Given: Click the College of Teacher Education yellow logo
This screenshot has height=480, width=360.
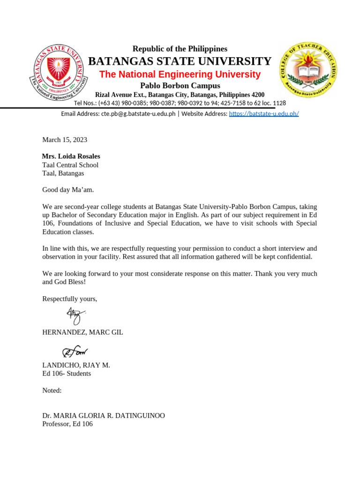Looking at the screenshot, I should [x=308, y=69].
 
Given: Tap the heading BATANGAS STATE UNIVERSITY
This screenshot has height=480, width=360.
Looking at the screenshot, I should [x=180, y=61].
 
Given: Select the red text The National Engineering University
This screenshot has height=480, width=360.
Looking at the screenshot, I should [x=180, y=75].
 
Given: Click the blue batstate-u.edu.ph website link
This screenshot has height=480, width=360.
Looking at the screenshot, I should [x=263, y=113].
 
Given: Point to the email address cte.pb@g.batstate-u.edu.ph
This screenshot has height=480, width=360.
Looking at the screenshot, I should [x=138, y=113].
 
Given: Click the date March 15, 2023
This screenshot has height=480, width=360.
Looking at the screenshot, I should [x=65, y=140].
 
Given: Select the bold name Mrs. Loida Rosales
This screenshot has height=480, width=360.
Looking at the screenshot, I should [x=71, y=156].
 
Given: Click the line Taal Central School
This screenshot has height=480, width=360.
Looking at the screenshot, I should [x=70, y=165].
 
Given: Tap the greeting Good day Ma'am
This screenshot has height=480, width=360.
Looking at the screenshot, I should [x=68, y=190].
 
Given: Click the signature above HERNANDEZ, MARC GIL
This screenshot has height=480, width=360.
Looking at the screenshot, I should [x=74, y=315].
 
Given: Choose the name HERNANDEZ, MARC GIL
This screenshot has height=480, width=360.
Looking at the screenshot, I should [x=82, y=332].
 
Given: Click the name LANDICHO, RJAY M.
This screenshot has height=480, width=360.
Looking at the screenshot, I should [x=76, y=365].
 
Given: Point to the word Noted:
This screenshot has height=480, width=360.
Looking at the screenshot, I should [x=52, y=390].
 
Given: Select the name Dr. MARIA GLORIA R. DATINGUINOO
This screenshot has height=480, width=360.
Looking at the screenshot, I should [x=104, y=416].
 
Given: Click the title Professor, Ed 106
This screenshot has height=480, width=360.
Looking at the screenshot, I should [x=67, y=424].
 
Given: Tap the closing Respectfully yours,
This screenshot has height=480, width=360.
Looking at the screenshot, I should [x=70, y=299].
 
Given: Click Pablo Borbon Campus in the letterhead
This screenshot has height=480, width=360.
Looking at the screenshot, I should [x=180, y=85].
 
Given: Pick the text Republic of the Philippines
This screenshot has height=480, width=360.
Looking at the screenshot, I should [x=180, y=49].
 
